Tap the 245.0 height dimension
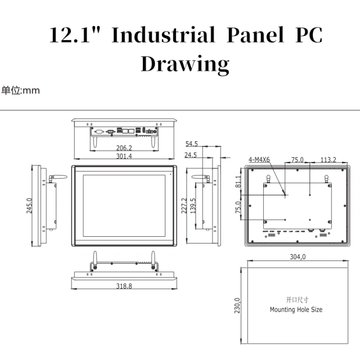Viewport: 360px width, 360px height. [29, 205]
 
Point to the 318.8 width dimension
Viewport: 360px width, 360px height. [124, 286]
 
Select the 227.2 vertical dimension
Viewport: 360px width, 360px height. [183, 206]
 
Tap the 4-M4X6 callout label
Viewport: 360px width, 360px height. [259, 160]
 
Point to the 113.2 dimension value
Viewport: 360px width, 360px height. [328, 160]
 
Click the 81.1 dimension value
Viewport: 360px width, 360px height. [238, 181]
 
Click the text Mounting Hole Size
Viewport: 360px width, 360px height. [296, 309]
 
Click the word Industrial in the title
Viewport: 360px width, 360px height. [163, 35]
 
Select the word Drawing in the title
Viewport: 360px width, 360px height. [184, 63]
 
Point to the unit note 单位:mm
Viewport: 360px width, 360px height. [20, 90]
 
